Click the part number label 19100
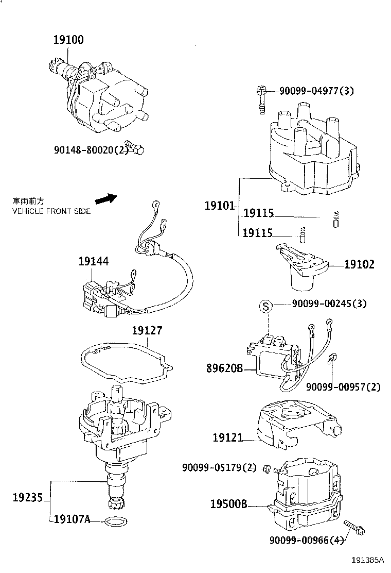click(69, 40)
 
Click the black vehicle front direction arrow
click(106, 198)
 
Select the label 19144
click(93, 262)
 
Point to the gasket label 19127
click(147, 330)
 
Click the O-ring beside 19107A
click(114, 521)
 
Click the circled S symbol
click(265, 307)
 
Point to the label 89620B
click(224, 369)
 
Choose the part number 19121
click(228, 438)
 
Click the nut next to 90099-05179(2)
click(266, 468)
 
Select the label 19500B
click(229, 504)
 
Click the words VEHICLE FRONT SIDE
click(51, 211)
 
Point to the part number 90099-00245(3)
click(329, 304)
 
